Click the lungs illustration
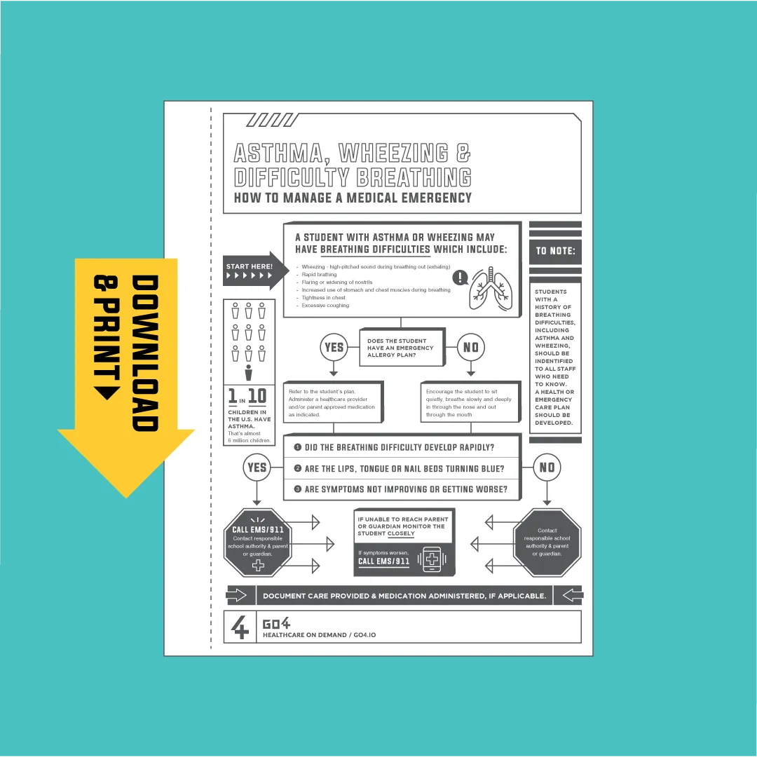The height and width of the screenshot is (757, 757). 491,289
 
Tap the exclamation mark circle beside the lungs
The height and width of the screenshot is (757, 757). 460,277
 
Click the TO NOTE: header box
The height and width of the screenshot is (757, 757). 555,251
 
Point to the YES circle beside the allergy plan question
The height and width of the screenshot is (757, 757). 334,347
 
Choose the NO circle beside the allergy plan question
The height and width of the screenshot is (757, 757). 471,347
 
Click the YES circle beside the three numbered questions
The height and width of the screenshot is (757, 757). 257,468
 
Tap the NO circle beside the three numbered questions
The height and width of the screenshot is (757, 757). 547,468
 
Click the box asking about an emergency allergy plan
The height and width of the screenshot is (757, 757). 402,348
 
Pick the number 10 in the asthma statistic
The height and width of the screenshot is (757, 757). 257,396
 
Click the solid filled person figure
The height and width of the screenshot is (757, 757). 249,373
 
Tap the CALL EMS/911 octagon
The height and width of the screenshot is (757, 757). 258,543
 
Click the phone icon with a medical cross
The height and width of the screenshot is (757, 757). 432,559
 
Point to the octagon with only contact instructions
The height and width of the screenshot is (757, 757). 547,543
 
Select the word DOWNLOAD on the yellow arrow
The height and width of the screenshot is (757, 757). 145,353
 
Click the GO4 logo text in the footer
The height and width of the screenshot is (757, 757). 276,623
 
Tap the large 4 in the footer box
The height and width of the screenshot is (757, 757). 240,627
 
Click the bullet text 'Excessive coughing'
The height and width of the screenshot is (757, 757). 325,305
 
